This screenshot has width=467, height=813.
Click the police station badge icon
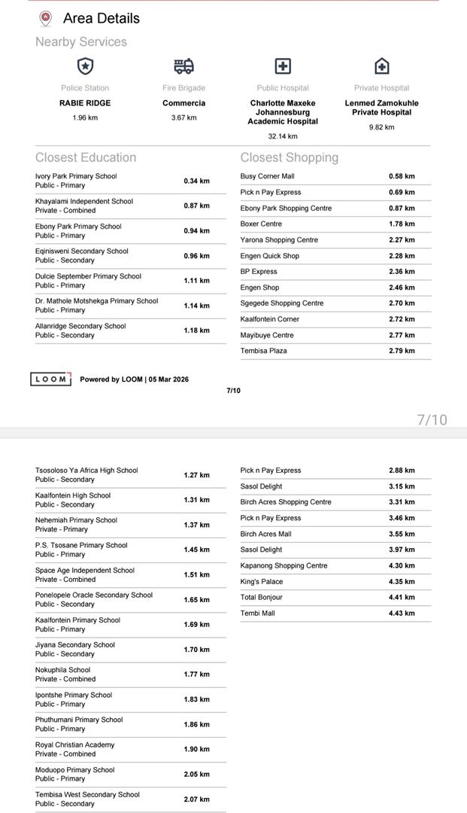pos(86,66)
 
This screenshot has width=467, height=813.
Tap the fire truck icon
pos(183,66)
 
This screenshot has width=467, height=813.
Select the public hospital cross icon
pos(283,66)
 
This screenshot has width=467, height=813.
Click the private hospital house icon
pos(382,66)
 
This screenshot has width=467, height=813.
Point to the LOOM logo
pos(51,379)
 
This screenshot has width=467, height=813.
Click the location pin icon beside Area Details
pos(46,18)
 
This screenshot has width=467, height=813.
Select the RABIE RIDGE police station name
pos(85,103)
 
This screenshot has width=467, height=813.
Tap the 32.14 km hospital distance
pos(283,136)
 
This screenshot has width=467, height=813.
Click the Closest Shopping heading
pos(290,157)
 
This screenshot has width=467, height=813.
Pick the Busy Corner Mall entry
pos(268,176)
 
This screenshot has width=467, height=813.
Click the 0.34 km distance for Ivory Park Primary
pos(196,181)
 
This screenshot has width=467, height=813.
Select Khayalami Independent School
pos(84,201)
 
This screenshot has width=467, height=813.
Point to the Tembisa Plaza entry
pos(263,351)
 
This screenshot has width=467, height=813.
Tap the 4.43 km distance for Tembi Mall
pos(402,614)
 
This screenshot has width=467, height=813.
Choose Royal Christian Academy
pos(75,744)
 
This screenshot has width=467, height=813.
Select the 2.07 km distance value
pos(196,799)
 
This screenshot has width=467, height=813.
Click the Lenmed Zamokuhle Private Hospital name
pos(381,108)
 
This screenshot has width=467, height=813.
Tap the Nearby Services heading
pos(81,42)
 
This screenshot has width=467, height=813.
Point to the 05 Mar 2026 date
pos(169,379)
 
